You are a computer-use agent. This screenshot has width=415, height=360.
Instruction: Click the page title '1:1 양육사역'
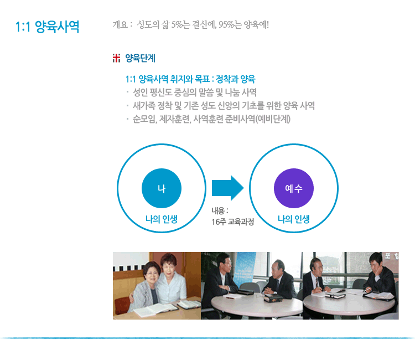pyautogui.click(x=47, y=27)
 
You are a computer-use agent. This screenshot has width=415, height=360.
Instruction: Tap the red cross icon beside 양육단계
pyautogui.click(x=116, y=58)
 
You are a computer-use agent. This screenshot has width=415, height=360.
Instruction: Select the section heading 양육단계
pyautogui.click(x=140, y=58)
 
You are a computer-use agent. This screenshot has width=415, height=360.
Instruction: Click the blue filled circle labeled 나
pyautogui.click(x=162, y=188)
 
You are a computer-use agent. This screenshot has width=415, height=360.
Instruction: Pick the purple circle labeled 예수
pyautogui.click(x=294, y=188)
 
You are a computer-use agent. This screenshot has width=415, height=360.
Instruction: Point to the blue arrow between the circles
pyautogui.click(x=227, y=188)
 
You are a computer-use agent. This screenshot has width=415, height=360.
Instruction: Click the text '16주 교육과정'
pyautogui.click(x=232, y=222)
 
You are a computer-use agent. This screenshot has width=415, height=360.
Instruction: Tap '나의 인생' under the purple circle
pyautogui.click(x=293, y=219)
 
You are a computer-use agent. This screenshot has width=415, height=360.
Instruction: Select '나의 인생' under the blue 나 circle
pyautogui.click(x=162, y=219)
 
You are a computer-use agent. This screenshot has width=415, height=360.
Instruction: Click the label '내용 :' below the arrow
pyautogui.click(x=220, y=211)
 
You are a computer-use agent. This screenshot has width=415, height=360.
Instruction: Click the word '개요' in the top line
pyautogui.click(x=120, y=24)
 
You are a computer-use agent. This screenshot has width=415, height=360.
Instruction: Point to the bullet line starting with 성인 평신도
pyautogui.click(x=195, y=92)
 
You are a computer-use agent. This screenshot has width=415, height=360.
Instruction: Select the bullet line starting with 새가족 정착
pyautogui.click(x=224, y=106)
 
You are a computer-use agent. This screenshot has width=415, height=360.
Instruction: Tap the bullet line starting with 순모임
pyautogui.click(x=211, y=119)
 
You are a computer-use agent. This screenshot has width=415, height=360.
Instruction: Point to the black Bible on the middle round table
pyautogui.click(x=273, y=298)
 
